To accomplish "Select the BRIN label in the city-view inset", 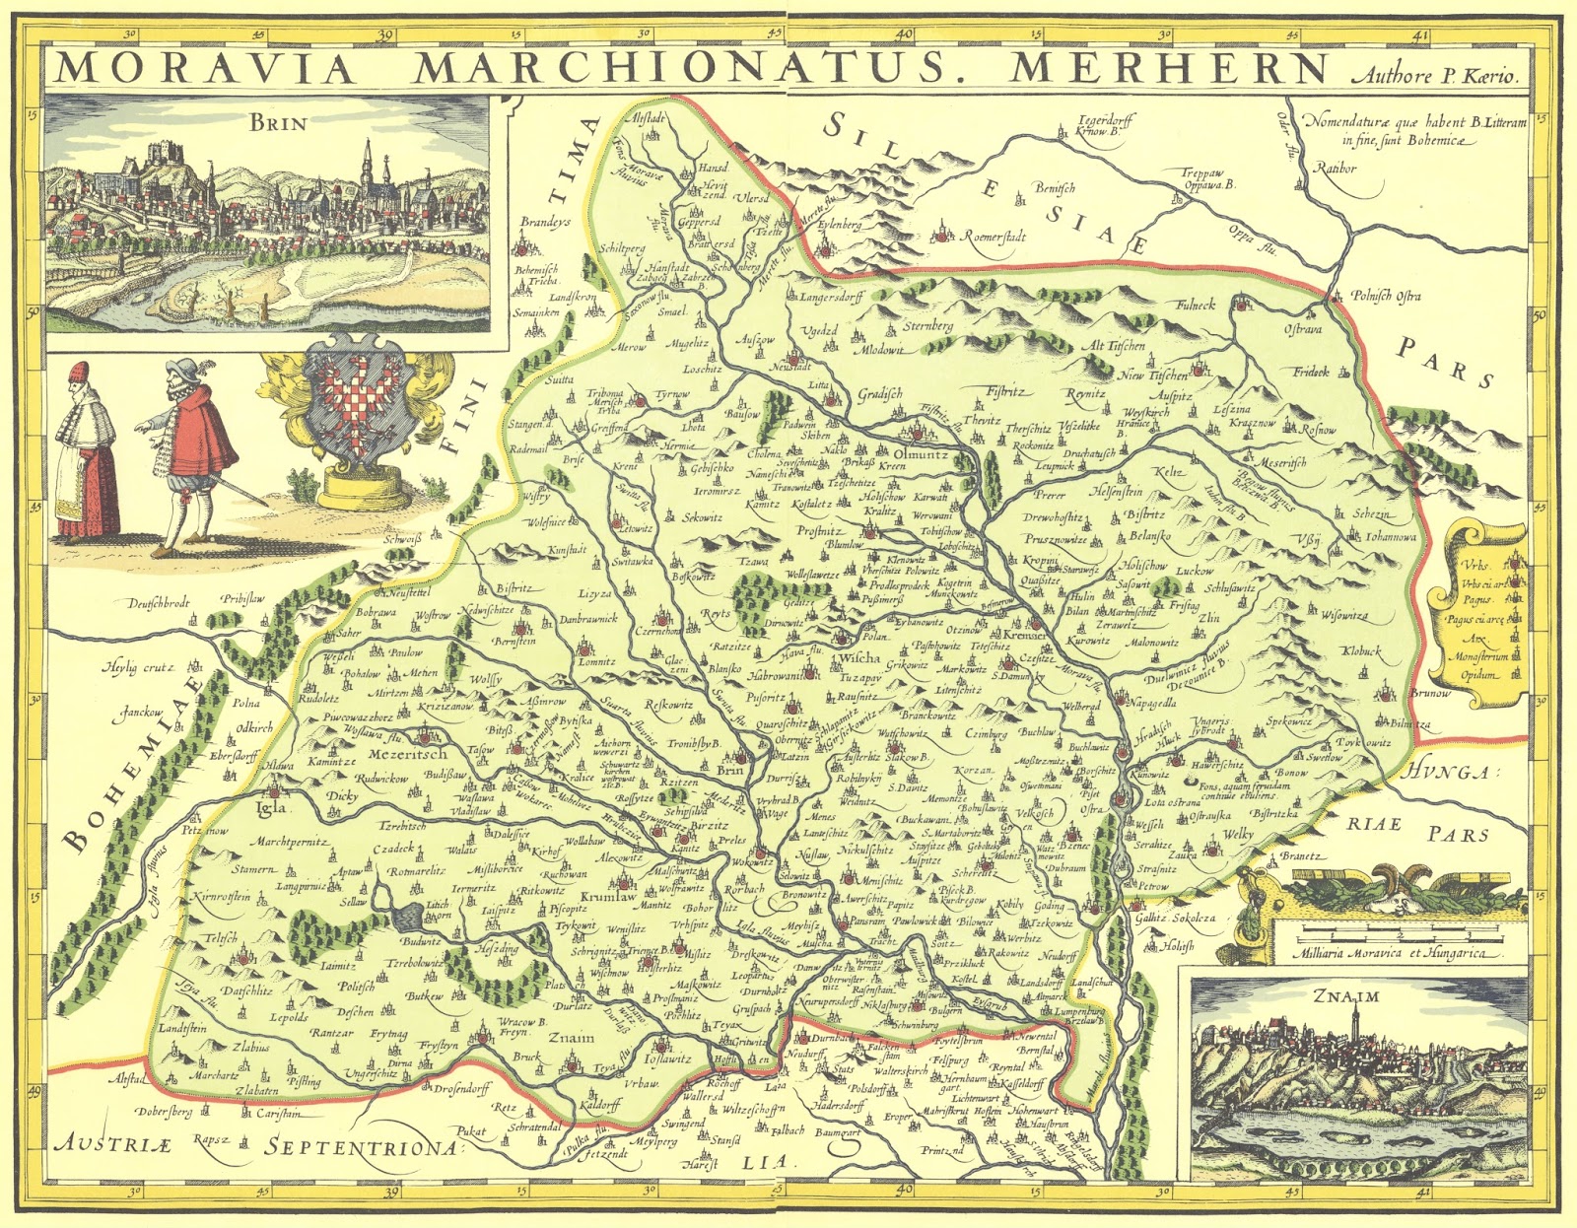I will click(x=278, y=122).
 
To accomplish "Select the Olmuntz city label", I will click(x=921, y=456).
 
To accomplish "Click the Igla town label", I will click(x=270, y=807).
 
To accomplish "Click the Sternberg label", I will click(x=928, y=325).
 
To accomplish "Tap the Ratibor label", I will click(x=1336, y=169).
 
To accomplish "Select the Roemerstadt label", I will click(x=994, y=238).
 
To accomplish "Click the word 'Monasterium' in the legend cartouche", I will click(x=1478, y=656).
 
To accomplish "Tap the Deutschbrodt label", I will click(x=158, y=603).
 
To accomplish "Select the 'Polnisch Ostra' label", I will click(x=1385, y=296).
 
